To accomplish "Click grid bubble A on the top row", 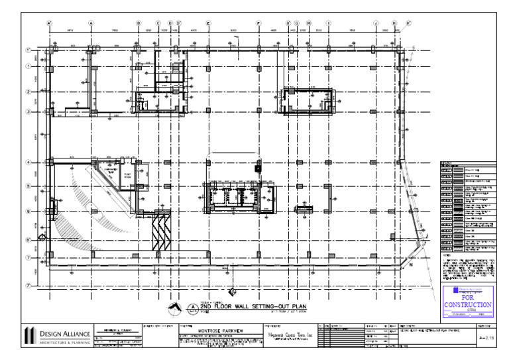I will coord(91,23).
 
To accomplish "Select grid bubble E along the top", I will coord(208,23).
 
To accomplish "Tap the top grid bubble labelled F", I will coord(258,23).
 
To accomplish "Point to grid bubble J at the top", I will coord(375,23).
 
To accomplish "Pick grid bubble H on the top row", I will coord(309,23).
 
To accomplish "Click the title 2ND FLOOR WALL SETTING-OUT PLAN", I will coord(245,307).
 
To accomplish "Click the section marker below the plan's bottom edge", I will coord(232,291).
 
